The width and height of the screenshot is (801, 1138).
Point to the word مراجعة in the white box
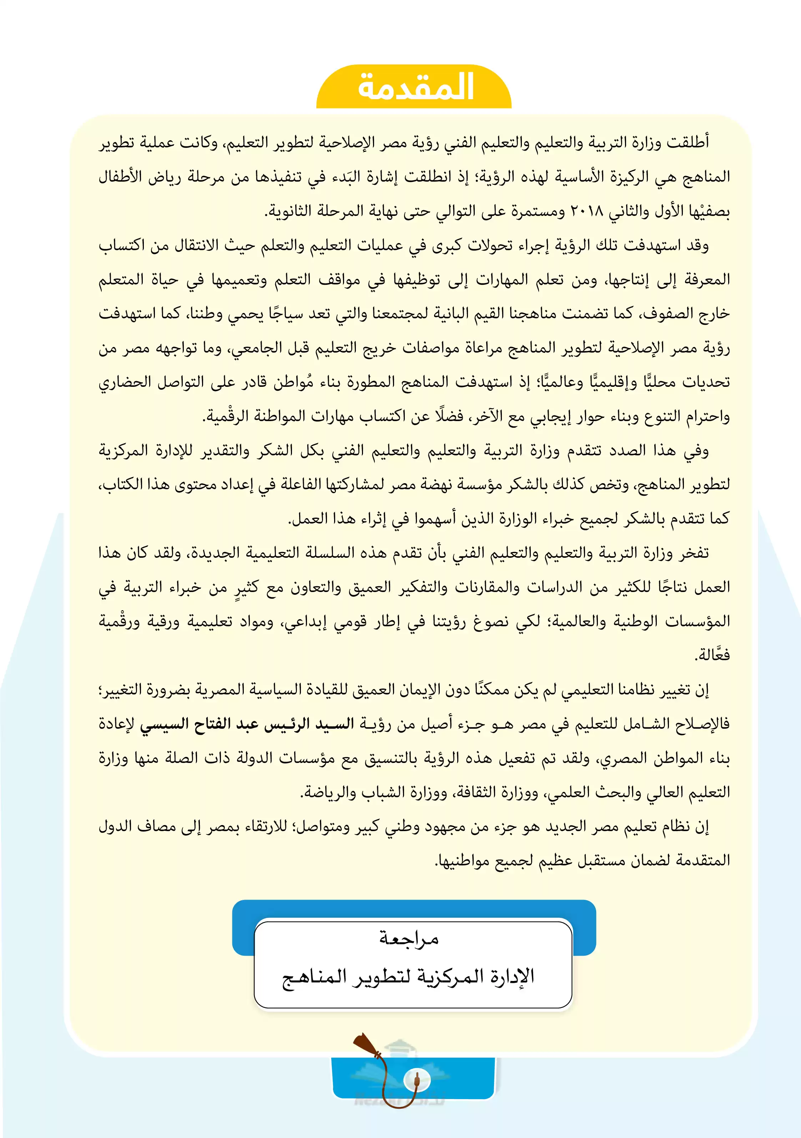coord(409,938)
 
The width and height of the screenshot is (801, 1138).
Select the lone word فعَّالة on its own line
coord(712,655)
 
